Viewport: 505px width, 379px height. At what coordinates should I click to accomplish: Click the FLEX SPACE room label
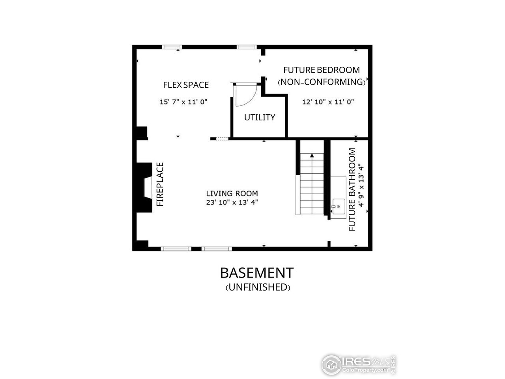[x=186, y=85]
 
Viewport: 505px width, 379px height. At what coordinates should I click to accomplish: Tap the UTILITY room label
[x=260, y=117]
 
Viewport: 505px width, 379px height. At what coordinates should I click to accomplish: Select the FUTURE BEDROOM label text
[x=322, y=70]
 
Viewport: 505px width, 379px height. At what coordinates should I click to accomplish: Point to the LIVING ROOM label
[x=232, y=193]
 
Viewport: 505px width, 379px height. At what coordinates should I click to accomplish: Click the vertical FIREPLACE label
[x=160, y=184]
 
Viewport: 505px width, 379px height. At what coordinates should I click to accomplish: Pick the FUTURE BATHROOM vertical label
[x=352, y=189]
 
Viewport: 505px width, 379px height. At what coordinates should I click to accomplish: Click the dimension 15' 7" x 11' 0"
[x=183, y=102]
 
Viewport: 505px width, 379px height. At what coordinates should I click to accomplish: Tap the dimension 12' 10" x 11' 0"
[x=328, y=102]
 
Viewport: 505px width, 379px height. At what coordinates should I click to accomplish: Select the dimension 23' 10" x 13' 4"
[x=232, y=203]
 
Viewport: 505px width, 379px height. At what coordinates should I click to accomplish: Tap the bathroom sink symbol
[x=338, y=206]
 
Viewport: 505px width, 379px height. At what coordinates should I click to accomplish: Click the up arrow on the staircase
[x=312, y=156]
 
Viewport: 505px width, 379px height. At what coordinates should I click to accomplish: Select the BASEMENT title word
[x=256, y=273]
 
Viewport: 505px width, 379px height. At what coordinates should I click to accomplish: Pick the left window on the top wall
[x=172, y=47]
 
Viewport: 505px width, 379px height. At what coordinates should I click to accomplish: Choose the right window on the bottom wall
[x=217, y=249]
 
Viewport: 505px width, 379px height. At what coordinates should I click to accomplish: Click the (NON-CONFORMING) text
[x=322, y=82]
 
